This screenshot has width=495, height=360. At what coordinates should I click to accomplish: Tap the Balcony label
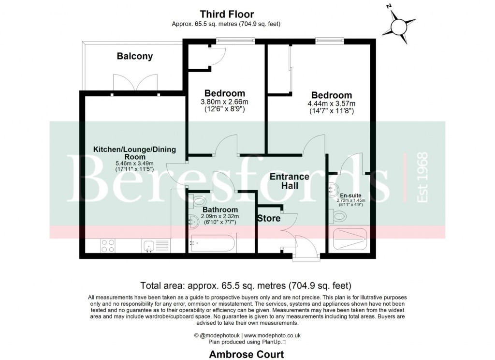click(x=135, y=56)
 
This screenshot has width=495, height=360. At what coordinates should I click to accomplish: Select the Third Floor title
click(x=227, y=15)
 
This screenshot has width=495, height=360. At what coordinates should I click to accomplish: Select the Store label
click(x=269, y=218)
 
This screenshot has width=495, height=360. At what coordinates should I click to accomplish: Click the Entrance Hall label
click(x=290, y=181)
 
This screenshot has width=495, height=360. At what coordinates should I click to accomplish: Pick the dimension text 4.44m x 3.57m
click(x=331, y=104)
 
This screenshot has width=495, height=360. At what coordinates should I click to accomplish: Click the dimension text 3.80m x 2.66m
click(x=224, y=102)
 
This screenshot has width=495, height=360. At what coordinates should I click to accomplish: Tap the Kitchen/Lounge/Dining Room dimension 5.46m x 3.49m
click(x=134, y=164)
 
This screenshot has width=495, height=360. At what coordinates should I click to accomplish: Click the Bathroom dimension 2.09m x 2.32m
click(x=218, y=216)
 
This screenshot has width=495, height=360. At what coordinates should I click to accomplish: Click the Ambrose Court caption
click(x=247, y=354)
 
